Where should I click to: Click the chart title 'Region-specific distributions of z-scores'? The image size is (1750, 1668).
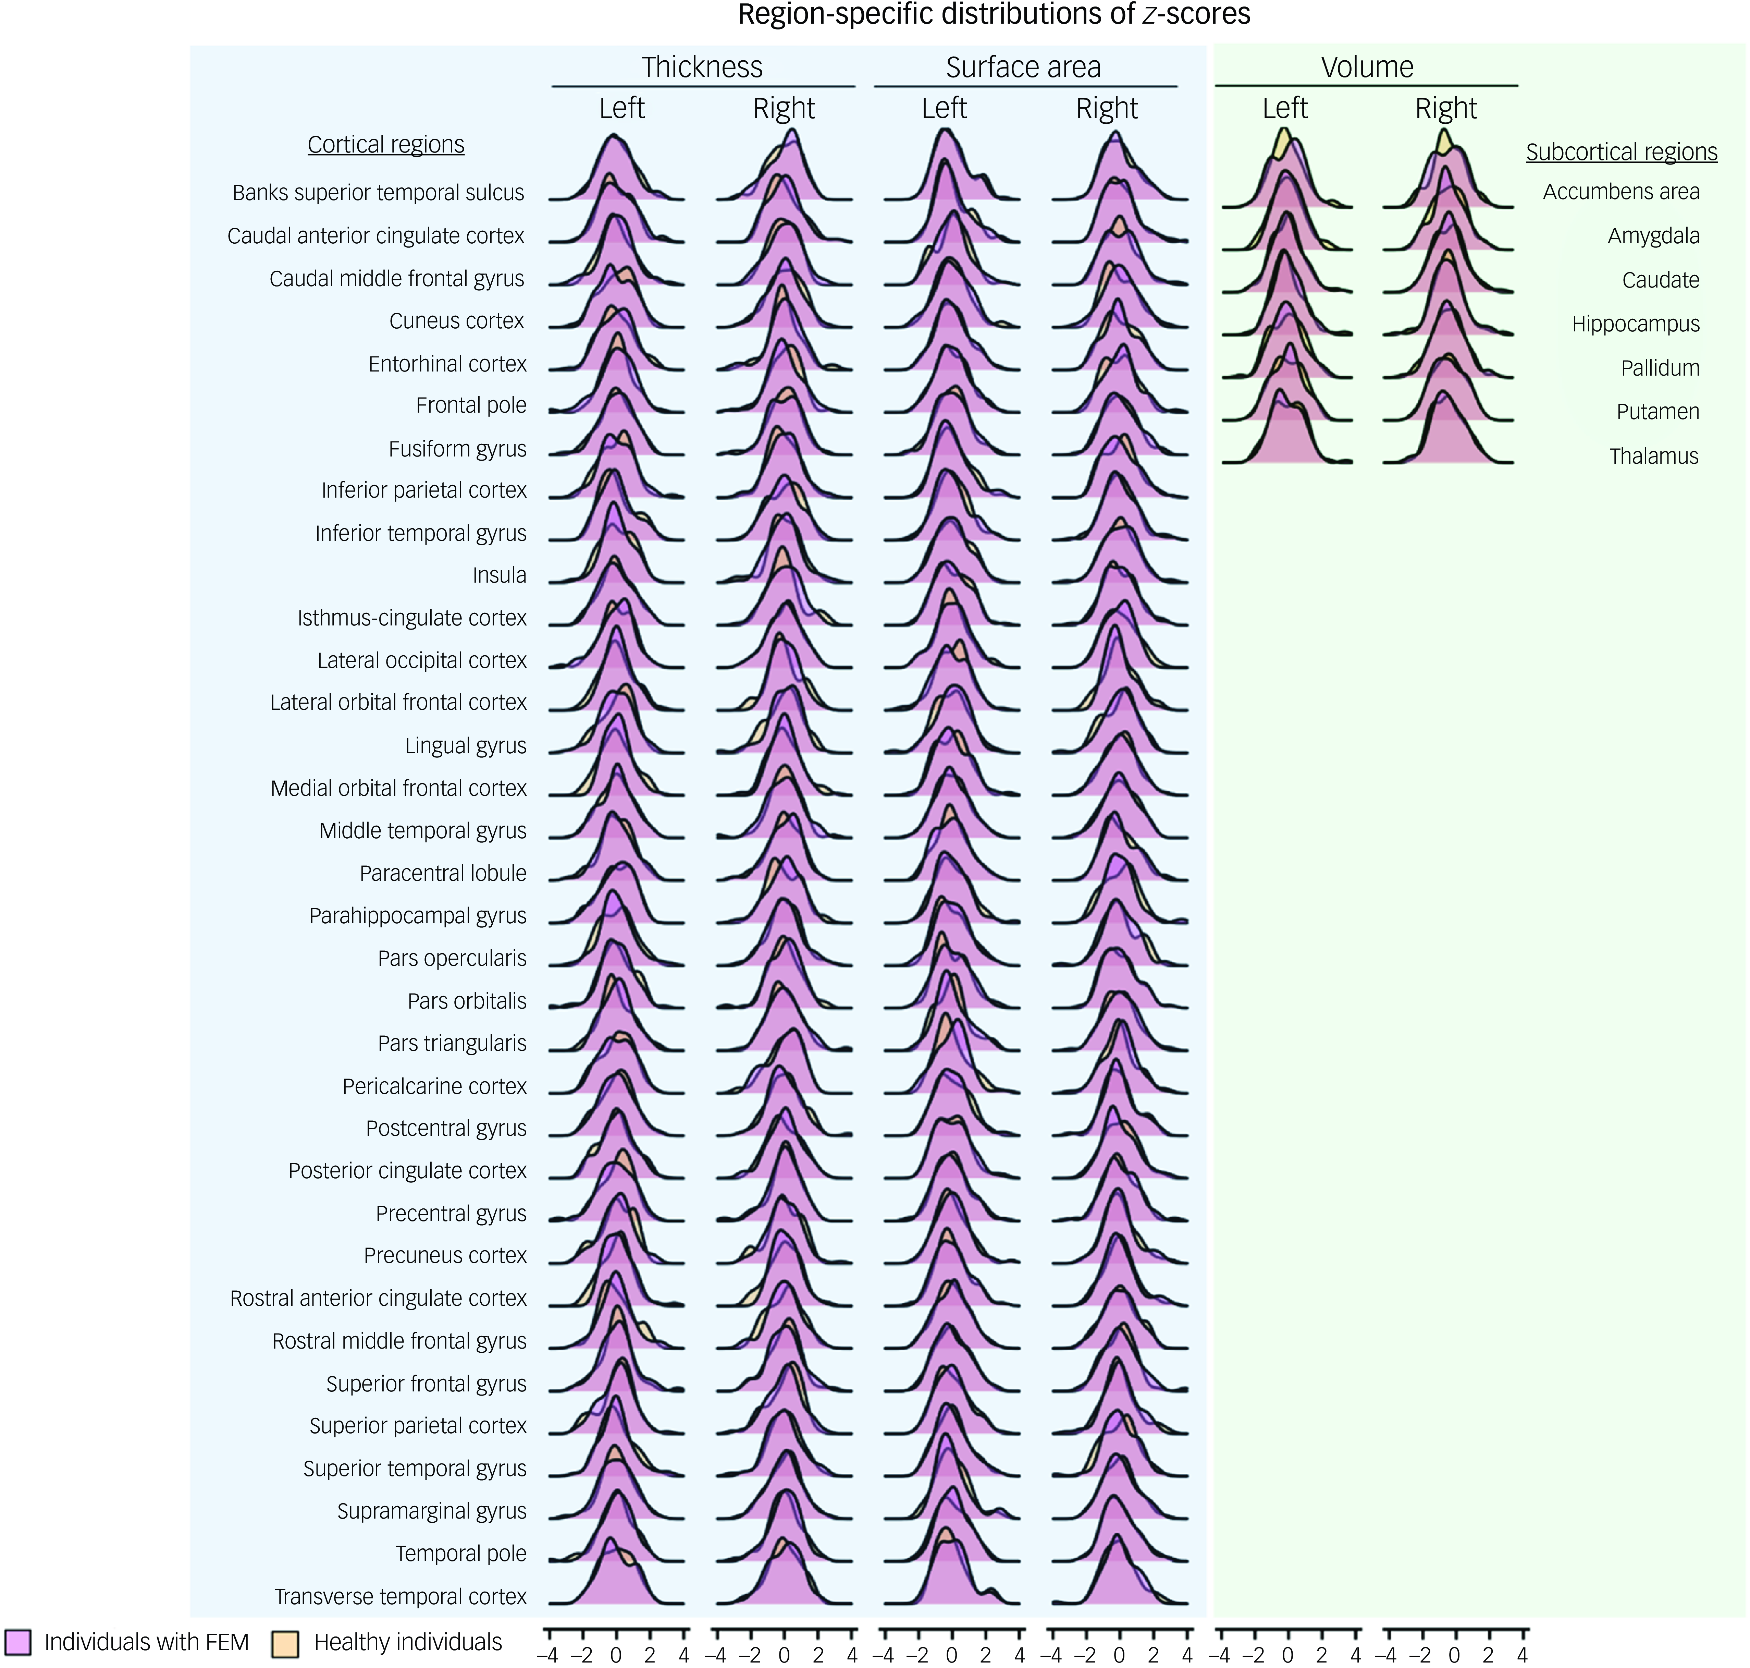[994, 15]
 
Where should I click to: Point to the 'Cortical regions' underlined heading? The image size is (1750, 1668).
[386, 144]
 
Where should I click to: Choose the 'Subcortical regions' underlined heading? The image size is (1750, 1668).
[1621, 152]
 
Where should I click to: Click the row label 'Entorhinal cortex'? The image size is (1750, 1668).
[447, 364]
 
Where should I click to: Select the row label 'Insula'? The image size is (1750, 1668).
[500, 575]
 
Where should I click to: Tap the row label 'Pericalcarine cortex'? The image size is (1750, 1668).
[435, 1086]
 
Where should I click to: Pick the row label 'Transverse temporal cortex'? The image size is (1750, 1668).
[400, 1597]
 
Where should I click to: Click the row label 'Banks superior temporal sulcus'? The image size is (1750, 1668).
[379, 193]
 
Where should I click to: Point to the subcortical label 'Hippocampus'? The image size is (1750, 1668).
[1635, 324]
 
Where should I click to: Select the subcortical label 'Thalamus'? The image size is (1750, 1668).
[1653, 456]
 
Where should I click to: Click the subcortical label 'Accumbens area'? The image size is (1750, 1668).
[1621, 191]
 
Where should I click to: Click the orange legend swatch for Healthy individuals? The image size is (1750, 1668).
[284, 1641]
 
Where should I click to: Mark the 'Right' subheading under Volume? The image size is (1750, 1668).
[1446, 109]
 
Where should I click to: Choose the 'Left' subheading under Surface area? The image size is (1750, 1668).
[944, 109]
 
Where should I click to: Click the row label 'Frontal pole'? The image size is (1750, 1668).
[471, 405]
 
